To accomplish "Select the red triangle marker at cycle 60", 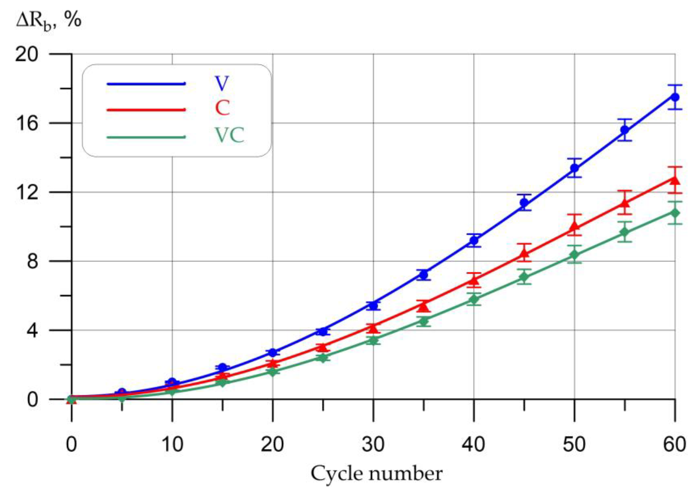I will [675, 180].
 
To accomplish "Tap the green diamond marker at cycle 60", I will [675, 213].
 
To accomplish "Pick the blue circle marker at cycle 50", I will [574, 168].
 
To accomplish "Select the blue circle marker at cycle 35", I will [423, 275].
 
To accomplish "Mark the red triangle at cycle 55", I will [624, 203].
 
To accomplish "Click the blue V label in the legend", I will [222, 83].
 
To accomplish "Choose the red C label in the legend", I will [222, 108].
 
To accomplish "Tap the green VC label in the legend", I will [230, 135].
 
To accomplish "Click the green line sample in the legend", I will [146, 137].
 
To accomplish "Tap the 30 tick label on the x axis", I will [373, 445].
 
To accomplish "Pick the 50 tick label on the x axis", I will [574, 445].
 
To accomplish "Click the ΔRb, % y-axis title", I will [49, 21].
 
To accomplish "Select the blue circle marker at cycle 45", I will [524, 202].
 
